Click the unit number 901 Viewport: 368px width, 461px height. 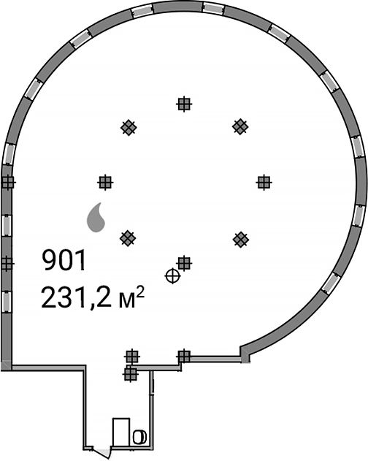pyautogui.click(x=64, y=260)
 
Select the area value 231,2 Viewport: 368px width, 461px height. pyautogui.click(x=76, y=297)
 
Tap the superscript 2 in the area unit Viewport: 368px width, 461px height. pyautogui.click(x=140, y=292)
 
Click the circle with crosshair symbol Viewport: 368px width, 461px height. pyautogui.click(x=172, y=276)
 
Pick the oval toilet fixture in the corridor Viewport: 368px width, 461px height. pyautogui.click(x=139, y=437)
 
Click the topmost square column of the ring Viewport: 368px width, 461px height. pyautogui.click(x=185, y=104)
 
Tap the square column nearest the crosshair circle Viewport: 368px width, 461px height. pyautogui.click(x=185, y=264)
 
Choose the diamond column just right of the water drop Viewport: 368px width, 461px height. pyautogui.click(x=128, y=238)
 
